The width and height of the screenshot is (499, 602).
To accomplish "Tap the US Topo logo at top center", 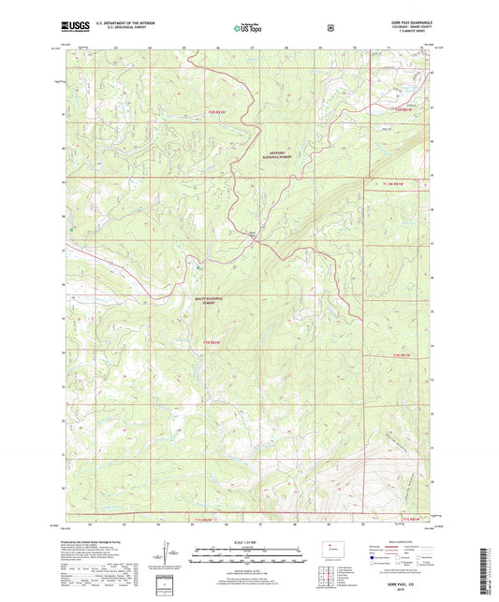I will click(x=248, y=29).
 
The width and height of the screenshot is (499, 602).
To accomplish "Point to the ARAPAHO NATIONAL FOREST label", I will click(x=275, y=155).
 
